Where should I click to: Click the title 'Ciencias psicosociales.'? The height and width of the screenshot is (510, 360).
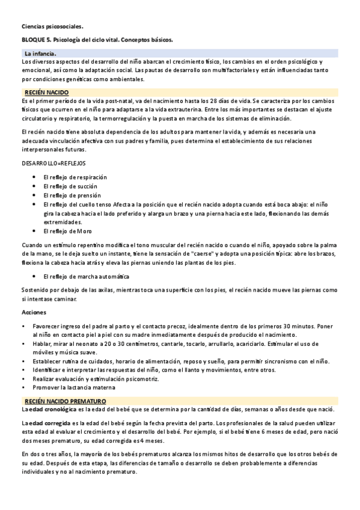(x=52, y=26)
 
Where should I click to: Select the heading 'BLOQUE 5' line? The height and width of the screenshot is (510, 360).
(x=97, y=40)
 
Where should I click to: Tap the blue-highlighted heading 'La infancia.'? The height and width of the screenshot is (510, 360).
(x=40, y=54)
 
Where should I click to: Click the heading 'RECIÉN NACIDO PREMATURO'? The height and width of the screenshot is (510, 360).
(x=65, y=401)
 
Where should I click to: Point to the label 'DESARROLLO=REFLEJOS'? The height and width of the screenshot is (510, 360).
(x=53, y=163)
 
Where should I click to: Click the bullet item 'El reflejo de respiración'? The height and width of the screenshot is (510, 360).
(x=75, y=177)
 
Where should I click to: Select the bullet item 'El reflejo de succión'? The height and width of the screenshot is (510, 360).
(x=70, y=186)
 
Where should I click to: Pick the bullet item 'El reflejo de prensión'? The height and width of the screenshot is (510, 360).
(x=72, y=195)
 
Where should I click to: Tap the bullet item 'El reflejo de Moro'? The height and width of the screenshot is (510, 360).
(x=67, y=231)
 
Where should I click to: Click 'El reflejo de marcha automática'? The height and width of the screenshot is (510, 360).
(x=86, y=276)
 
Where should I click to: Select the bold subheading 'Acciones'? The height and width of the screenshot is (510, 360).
(x=34, y=313)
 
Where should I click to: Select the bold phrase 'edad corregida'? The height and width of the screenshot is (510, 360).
(x=50, y=424)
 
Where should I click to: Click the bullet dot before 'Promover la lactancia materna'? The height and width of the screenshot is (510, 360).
(x=23, y=389)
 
